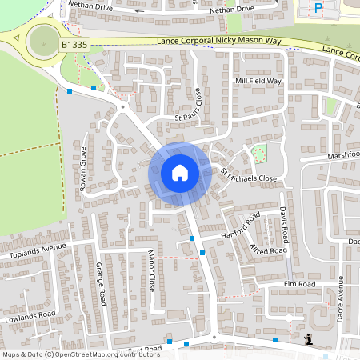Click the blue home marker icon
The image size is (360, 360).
179,173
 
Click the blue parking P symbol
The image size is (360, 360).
318,9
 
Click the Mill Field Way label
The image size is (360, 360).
258,81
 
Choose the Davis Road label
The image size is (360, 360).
284,226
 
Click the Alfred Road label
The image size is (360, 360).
267,250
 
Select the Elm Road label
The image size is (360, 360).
300,284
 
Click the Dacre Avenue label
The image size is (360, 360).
340,298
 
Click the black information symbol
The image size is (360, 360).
308,340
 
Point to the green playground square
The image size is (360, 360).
258,152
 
